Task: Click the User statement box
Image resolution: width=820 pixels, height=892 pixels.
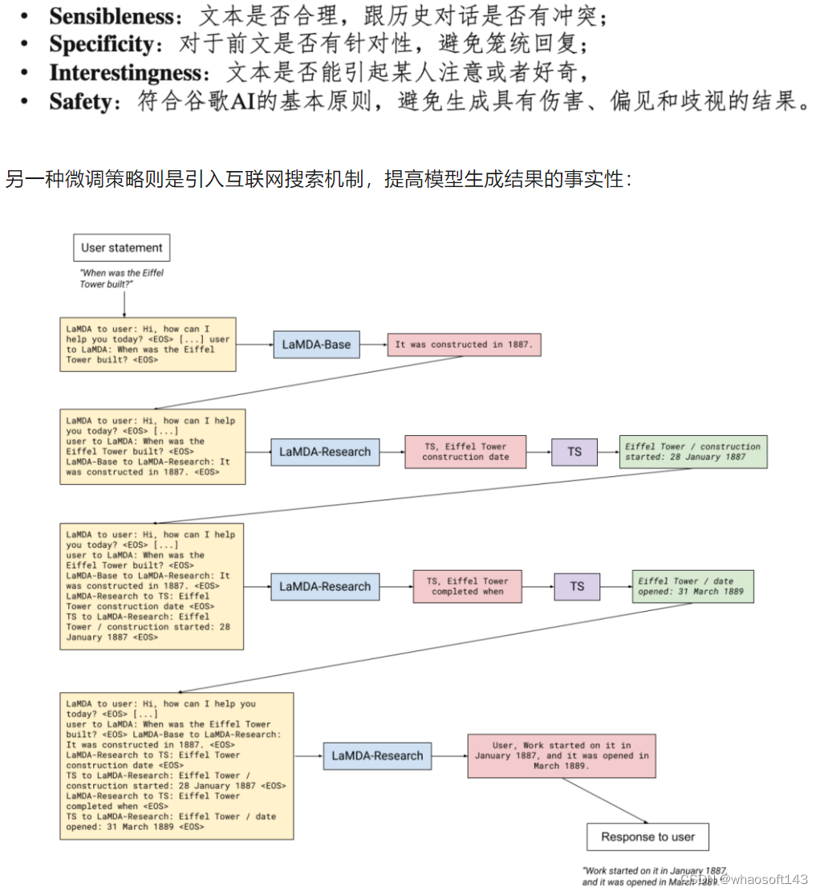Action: coord(121,248)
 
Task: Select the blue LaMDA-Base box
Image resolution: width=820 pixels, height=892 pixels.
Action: coord(316,344)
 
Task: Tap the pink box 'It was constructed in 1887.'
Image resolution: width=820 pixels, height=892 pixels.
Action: coord(465,344)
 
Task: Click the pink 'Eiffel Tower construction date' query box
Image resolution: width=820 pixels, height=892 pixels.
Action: coord(465,451)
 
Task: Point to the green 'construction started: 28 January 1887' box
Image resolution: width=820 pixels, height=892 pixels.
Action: coord(693,451)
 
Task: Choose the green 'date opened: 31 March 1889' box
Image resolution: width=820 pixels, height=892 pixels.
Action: coord(692,586)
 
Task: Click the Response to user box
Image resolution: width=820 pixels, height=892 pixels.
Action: coord(647,837)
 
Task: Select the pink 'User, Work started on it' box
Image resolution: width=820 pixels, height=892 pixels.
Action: coord(562,756)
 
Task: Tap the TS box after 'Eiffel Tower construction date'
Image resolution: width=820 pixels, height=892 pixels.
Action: coord(574,451)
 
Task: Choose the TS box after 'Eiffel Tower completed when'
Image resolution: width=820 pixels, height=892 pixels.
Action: coord(577,586)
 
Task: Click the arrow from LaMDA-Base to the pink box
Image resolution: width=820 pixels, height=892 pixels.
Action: coord(374,344)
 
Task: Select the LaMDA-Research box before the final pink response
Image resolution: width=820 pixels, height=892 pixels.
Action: coord(377,756)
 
